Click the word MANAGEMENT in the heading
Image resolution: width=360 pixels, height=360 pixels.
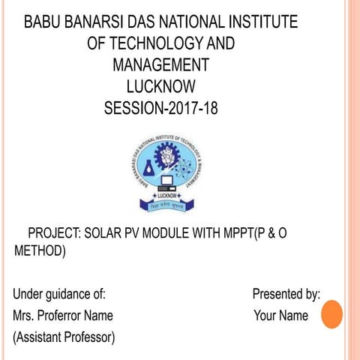(x=160, y=64)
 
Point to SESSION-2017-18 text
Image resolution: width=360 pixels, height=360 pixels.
(x=161, y=108)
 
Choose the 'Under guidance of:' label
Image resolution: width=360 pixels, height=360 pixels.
(x=59, y=294)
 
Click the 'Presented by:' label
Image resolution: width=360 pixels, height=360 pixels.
(x=286, y=294)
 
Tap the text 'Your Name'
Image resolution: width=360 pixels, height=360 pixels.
(x=281, y=316)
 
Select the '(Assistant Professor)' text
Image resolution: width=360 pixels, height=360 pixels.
(x=64, y=337)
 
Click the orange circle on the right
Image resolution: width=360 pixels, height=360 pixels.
(x=331, y=314)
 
